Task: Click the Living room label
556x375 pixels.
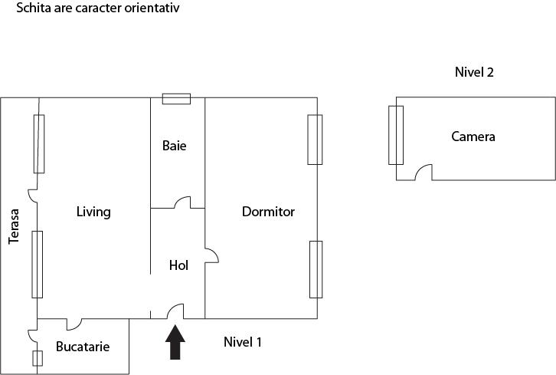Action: (93, 212)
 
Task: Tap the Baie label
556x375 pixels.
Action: (174, 145)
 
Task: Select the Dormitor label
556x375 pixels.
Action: (268, 212)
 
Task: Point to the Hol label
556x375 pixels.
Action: (178, 265)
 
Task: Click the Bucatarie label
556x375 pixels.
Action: (83, 347)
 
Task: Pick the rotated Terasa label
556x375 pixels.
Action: (14, 228)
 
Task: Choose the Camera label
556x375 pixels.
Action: (473, 137)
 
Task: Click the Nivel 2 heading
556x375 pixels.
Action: (474, 73)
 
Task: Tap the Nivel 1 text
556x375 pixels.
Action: (243, 342)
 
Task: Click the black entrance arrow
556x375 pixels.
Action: (176, 342)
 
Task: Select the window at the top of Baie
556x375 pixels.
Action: (176, 98)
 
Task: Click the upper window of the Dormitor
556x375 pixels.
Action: (314, 140)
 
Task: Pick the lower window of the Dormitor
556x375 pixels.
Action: (316, 268)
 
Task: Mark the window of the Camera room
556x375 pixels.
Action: (395, 135)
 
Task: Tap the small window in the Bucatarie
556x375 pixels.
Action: (38, 357)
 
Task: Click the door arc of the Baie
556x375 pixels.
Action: (184, 203)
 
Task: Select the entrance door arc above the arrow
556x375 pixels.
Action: (175, 311)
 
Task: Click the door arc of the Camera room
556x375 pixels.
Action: (424, 173)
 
